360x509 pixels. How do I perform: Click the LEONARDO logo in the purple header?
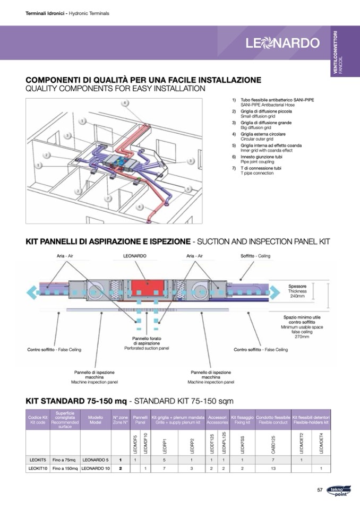282,42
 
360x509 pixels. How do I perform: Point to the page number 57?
320,490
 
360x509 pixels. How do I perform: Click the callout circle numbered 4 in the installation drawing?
125,103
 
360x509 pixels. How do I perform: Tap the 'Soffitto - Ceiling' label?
256,256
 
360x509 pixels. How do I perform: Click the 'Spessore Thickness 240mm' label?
297,291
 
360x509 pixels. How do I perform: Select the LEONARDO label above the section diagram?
134,256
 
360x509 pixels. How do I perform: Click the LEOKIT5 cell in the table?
37,460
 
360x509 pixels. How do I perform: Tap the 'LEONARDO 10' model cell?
96,469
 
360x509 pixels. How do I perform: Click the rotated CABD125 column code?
273,443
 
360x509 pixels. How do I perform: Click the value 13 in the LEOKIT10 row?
273,469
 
